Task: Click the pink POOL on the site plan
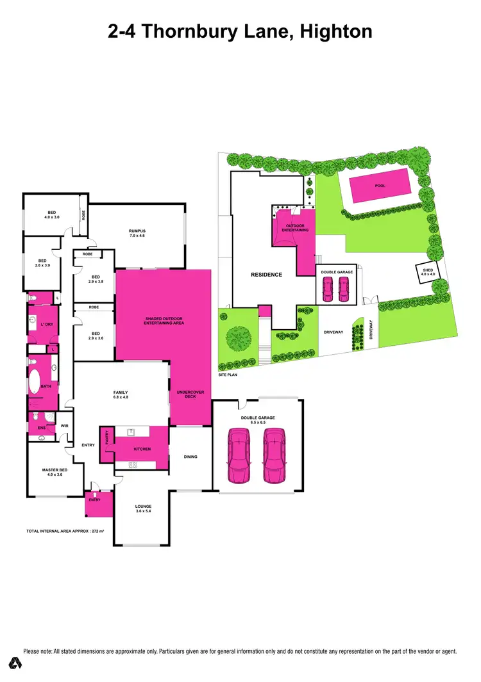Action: [x=380, y=186]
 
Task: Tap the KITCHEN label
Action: [x=142, y=450]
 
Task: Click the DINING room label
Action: [x=190, y=457]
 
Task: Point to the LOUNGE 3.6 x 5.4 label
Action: [x=142, y=508]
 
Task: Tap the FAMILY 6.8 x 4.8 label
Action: [x=121, y=394]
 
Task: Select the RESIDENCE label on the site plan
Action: [x=266, y=275]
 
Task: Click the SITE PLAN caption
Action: [x=228, y=375]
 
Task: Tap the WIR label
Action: [x=64, y=425]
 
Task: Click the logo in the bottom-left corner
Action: [x=13, y=664]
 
